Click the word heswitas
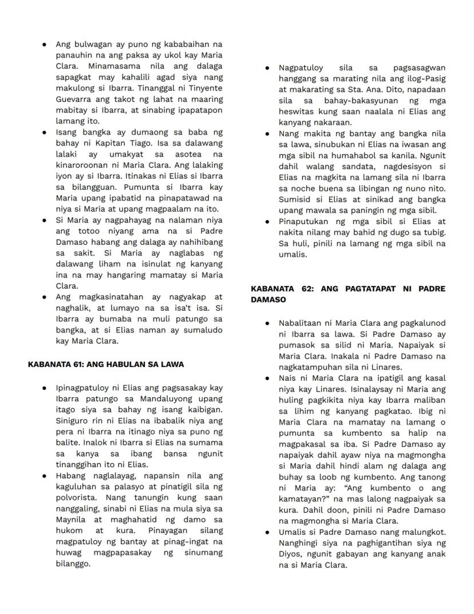click(298, 112)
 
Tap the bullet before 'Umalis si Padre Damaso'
click(267, 533)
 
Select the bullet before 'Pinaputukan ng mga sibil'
click(267, 221)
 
